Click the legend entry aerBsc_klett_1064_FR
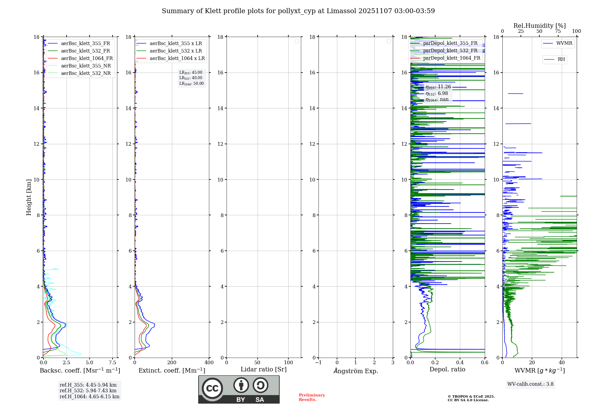click(87, 59)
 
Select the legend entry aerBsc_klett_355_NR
click(86, 66)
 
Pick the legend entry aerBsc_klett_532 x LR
click(176, 51)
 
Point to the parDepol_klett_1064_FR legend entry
click(451, 58)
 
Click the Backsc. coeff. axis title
click(80, 370)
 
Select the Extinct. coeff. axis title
click(172, 370)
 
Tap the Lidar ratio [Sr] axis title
click(264, 370)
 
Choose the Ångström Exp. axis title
click(356, 371)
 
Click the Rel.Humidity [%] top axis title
click(539, 26)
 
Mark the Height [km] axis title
click(29, 197)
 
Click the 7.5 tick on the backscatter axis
click(113, 363)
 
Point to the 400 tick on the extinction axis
click(209, 363)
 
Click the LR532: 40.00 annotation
click(191, 78)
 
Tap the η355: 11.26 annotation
click(438, 87)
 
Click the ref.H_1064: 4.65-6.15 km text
click(90, 397)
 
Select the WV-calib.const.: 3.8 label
click(530, 384)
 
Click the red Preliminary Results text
click(312, 397)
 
